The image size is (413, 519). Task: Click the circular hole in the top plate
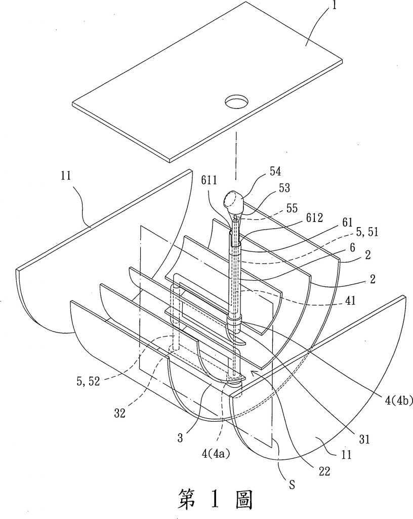(235, 102)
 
